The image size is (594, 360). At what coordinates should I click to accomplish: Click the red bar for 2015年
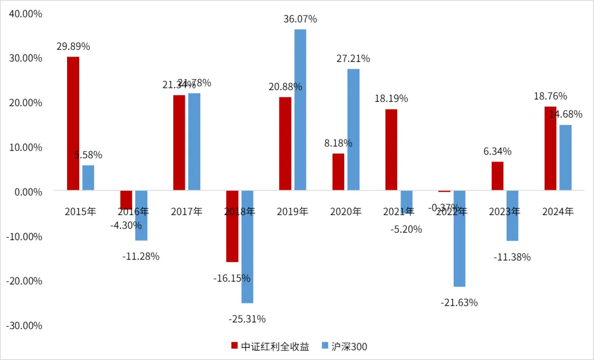click(x=73, y=124)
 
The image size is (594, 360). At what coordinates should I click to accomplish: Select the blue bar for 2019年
click(x=300, y=110)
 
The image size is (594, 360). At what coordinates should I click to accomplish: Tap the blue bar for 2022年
click(x=459, y=239)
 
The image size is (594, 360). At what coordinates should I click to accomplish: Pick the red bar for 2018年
click(x=232, y=226)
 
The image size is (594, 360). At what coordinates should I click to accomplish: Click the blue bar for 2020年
click(x=353, y=130)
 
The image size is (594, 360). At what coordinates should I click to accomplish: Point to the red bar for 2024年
click(x=551, y=148)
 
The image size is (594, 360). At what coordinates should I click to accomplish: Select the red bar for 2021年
click(x=391, y=149)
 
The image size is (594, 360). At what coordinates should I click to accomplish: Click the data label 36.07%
click(x=300, y=19)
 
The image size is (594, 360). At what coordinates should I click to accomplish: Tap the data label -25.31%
click(x=247, y=319)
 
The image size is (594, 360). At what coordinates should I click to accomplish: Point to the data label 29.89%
click(x=73, y=47)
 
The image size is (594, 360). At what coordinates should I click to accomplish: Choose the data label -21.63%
click(x=459, y=302)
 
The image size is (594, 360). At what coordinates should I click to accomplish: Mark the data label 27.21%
click(x=353, y=59)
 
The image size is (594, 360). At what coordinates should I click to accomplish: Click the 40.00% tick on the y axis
click(x=25, y=14)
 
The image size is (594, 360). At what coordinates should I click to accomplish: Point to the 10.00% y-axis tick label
click(x=25, y=147)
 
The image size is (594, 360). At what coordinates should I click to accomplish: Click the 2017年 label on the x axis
click(x=187, y=212)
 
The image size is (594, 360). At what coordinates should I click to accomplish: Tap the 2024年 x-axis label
click(x=558, y=212)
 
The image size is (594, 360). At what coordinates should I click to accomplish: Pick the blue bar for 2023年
click(x=513, y=215)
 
